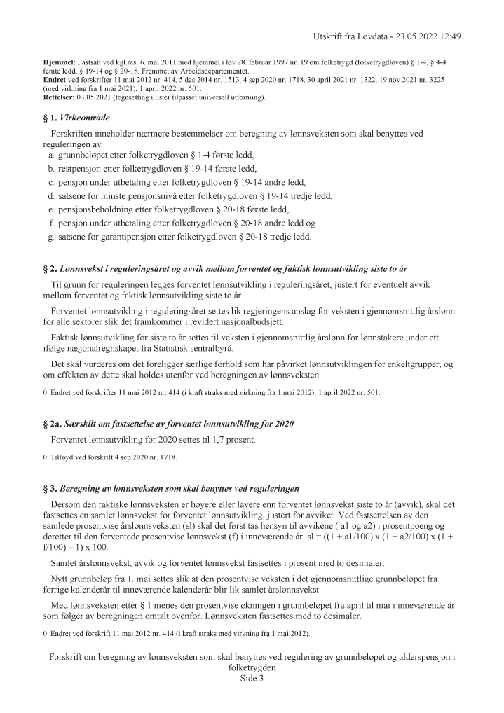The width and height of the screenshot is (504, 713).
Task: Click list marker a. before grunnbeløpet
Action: (x=51, y=154)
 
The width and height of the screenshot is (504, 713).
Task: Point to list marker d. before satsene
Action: (x=51, y=195)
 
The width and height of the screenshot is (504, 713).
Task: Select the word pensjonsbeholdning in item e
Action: (x=99, y=209)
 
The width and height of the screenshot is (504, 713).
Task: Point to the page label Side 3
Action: (x=252, y=678)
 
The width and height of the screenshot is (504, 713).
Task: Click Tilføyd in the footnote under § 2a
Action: (x=62, y=457)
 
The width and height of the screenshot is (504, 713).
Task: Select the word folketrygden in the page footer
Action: (x=252, y=667)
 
